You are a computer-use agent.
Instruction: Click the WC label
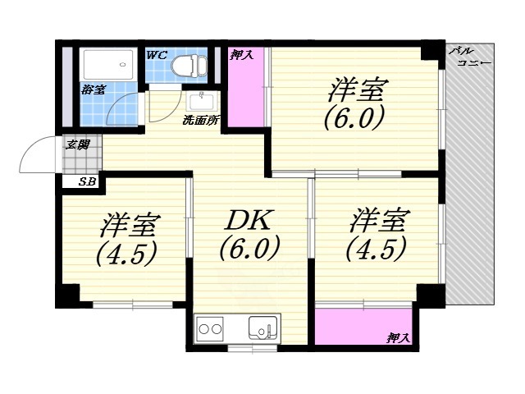point(157,55)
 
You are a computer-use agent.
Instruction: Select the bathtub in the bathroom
point(106,63)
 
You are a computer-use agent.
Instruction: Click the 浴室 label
point(93,89)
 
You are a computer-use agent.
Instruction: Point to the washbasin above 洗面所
point(200,102)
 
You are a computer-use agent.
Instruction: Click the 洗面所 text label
point(200,121)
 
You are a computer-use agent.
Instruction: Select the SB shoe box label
point(86,182)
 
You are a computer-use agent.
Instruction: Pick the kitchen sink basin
point(264,331)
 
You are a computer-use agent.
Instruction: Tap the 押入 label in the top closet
point(241,55)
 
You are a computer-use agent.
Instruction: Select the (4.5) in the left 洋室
point(126,254)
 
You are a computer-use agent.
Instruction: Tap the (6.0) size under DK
point(249,247)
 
